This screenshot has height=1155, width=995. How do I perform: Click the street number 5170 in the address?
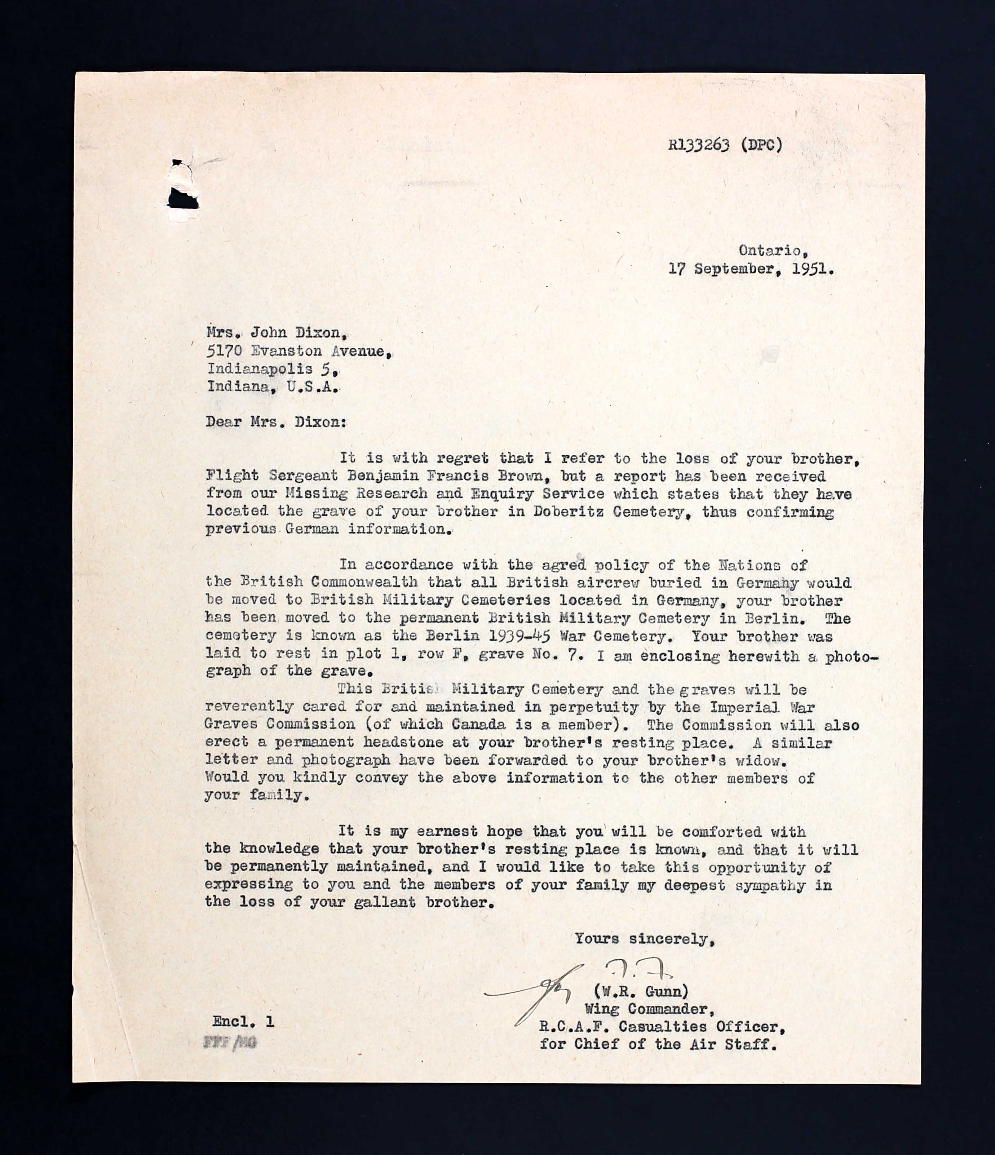(224, 351)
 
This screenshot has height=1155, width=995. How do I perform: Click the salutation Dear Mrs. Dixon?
(275, 422)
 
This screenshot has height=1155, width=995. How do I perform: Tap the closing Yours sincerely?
(644, 939)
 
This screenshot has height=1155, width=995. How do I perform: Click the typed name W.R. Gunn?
(641, 991)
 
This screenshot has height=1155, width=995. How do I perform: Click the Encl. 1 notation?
(243, 1022)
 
